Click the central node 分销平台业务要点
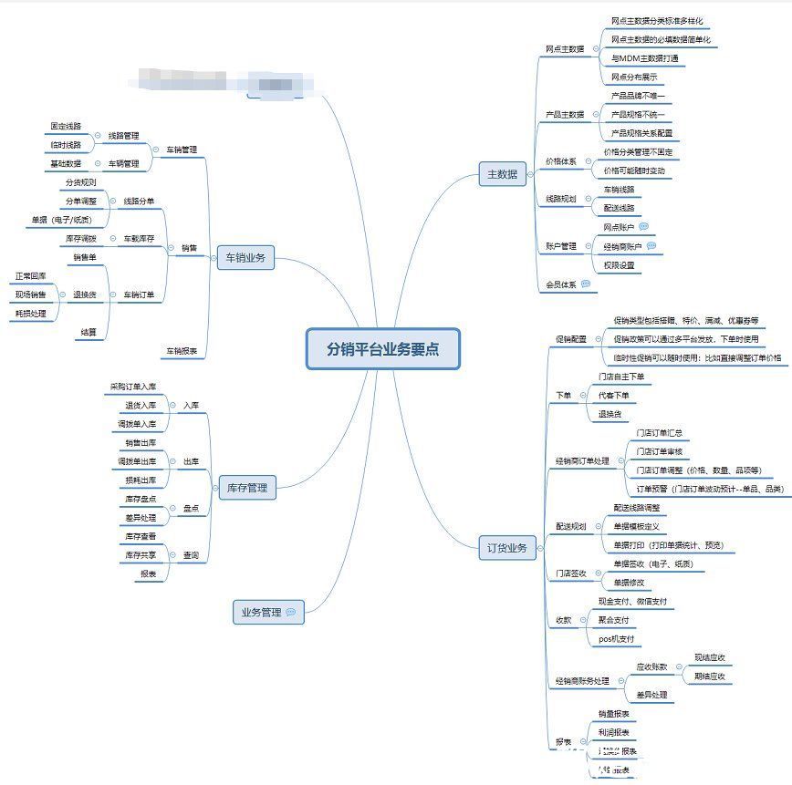pos(382,348)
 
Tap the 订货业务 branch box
pos(507,548)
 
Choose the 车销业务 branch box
pos(245,258)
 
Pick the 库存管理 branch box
pos(246,488)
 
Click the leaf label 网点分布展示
pos(634,77)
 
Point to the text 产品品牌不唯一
pos(638,96)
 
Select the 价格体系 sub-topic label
pos(560,161)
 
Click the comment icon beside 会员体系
pos(585,284)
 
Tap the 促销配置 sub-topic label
pos(571,339)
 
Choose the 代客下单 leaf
pos(612,396)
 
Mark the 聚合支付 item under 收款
pos(613,620)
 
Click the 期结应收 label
pos(709,677)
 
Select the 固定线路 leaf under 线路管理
pos(66,126)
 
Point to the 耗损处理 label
pos(30,314)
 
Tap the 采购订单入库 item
pos(133,387)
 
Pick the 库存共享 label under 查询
pos(141,555)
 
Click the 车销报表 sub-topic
pos(182,351)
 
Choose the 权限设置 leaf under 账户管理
pos(619,265)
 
